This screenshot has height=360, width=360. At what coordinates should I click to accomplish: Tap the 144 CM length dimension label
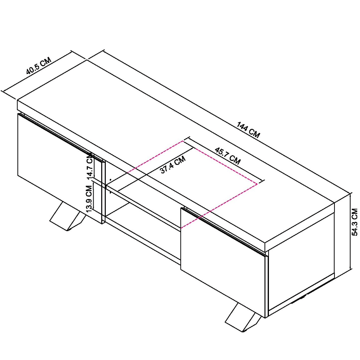click(x=248, y=130)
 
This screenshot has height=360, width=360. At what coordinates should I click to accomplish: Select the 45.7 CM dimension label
click(x=228, y=156)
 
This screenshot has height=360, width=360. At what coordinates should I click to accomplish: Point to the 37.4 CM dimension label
click(x=173, y=165)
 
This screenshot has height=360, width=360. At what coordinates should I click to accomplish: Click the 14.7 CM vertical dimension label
click(x=90, y=166)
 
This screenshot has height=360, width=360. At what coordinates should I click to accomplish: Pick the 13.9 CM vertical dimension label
click(x=89, y=198)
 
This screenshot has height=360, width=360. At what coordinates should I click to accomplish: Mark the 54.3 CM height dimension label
click(x=355, y=222)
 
